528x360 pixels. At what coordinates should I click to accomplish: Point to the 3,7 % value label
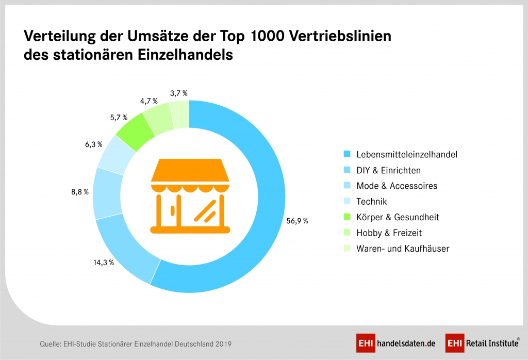(178, 93)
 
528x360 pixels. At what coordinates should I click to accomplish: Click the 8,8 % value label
(80, 191)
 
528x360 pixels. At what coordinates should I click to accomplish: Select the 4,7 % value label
(148, 101)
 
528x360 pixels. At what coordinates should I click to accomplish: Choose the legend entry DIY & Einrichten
(388, 170)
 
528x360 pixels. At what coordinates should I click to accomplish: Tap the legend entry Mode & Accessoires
(397, 186)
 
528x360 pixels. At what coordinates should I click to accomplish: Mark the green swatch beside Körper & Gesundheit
(346, 217)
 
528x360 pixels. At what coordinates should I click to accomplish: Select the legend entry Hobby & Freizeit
(389, 233)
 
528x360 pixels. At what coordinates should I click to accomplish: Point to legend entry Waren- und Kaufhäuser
(403, 249)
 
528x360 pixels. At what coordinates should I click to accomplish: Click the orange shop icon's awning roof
(189, 170)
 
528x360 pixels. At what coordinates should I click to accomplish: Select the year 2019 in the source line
(222, 343)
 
